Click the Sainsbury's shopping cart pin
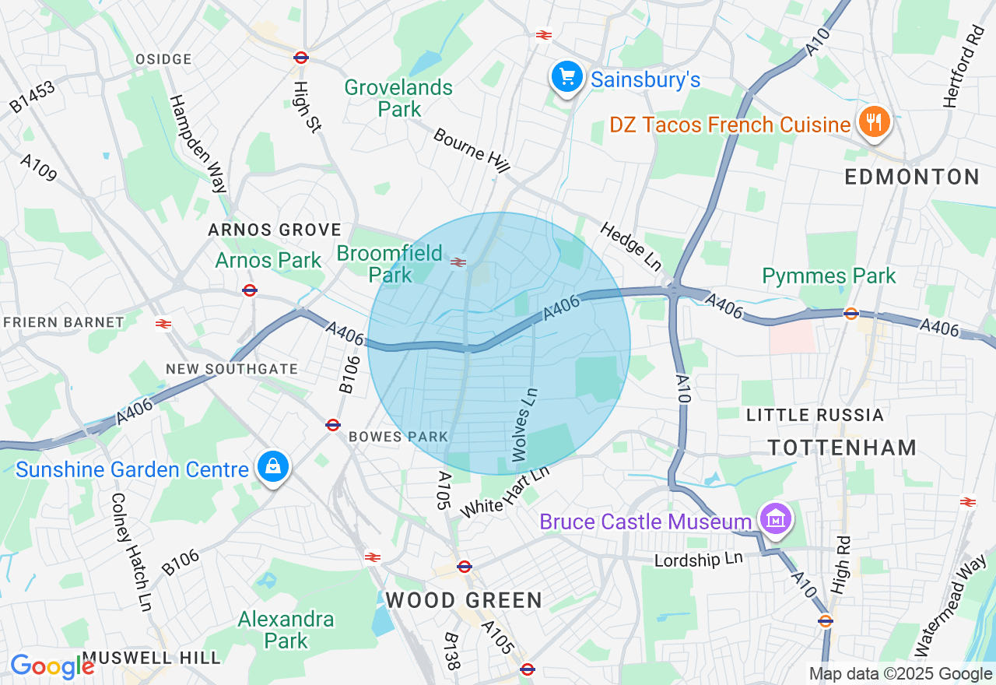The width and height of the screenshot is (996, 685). pos(567,78)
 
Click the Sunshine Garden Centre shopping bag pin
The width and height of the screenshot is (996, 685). pos(273,468)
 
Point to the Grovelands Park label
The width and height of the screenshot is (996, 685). pos(398,98)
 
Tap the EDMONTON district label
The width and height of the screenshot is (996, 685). pos(912,177)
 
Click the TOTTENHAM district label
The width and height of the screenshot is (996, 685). pos(842,447)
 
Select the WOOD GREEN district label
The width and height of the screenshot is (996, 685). pos(464,600)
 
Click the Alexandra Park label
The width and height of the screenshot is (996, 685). pos(286,630)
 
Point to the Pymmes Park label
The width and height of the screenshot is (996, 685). pos(829,276)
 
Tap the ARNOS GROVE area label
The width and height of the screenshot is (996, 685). pos(274,230)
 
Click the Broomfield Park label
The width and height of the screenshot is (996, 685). pos(390,264)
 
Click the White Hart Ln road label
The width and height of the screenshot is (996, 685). pos(505,492)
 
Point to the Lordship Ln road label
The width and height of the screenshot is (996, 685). pos(699,560)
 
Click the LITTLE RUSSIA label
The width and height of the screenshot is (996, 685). pos(815,415)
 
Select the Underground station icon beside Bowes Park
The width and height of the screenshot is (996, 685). pos(333,424)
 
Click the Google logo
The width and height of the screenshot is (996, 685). pos(52,666)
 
